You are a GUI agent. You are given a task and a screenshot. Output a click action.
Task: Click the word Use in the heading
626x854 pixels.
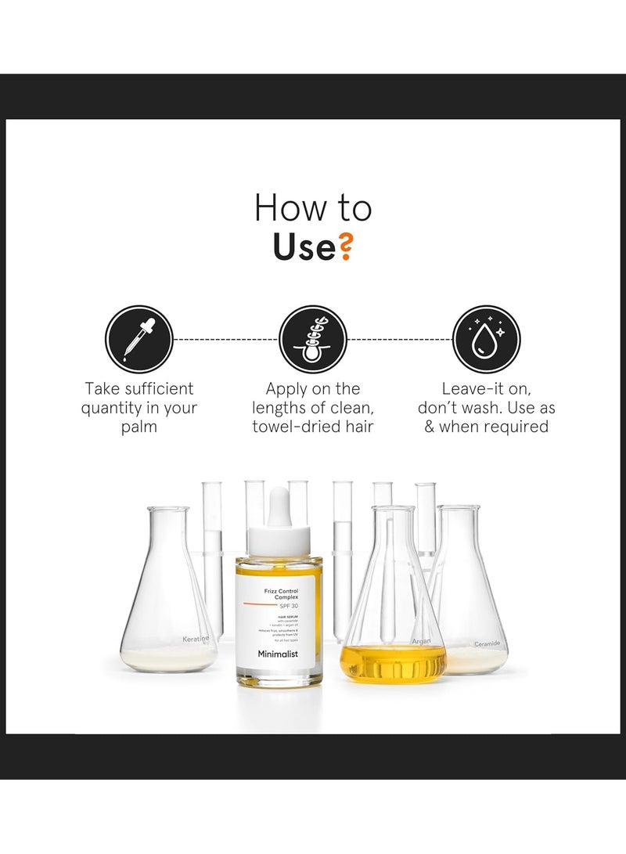[x=304, y=247]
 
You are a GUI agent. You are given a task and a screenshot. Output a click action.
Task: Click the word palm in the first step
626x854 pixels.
[x=139, y=427]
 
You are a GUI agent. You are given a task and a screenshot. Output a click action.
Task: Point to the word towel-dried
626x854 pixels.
[x=287, y=427]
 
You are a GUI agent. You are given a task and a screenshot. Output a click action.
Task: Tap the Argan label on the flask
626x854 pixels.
[x=422, y=640]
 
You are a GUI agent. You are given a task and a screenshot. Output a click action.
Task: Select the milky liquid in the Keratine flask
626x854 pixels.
[x=167, y=660]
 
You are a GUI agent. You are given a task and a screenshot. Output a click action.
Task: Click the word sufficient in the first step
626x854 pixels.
[x=156, y=389]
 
